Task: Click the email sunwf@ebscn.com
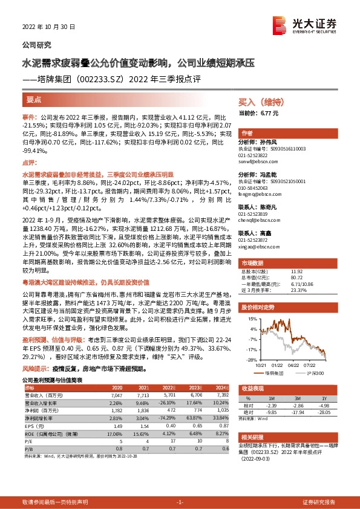256,163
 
